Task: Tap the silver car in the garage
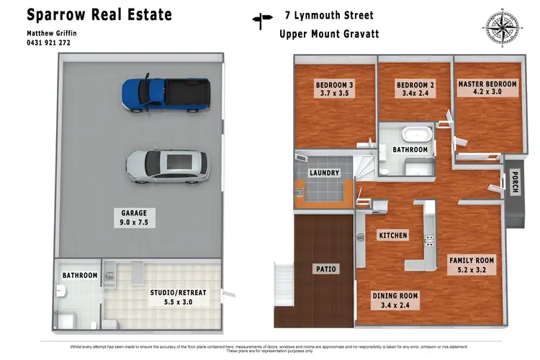(x=168, y=165)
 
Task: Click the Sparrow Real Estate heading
(x=99, y=14)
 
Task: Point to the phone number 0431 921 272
(x=49, y=42)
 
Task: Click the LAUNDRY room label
(x=324, y=174)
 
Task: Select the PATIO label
(x=325, y=269)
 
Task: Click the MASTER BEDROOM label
(x=487, y=88)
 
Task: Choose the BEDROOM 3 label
(x=334, y=89)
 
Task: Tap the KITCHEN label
(x=392, y=235)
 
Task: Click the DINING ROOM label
(x=395, y=300)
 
